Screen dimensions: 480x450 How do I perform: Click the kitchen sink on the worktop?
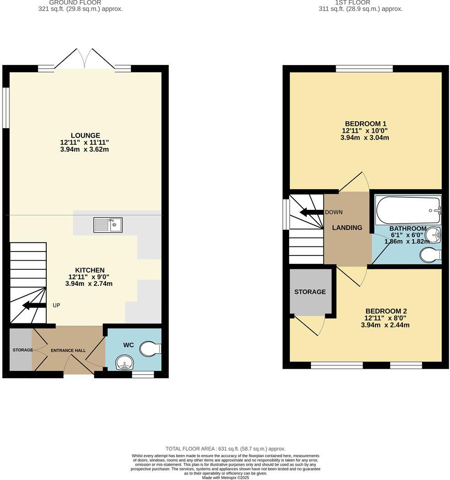point(108,224)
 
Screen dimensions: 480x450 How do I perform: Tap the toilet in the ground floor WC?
point(151,349)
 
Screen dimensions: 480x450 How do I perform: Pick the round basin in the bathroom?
point(433,235)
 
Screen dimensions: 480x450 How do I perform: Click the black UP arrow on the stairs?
point(34,305)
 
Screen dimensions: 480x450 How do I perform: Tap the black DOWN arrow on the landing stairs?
point(311,212)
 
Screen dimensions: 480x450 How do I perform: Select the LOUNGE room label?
point(85,136)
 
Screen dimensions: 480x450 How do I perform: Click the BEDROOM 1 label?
point(365,124)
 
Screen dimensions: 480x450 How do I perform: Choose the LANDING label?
point(347,228)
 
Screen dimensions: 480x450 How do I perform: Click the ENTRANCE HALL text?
point(68,350)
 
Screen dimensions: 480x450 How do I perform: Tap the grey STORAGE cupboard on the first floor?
point(310,292)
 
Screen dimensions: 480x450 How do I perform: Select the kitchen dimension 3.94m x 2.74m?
point(89,284)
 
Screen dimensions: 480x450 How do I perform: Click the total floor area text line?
point(225,449)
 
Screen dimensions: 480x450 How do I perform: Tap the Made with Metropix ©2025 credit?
point(225,477)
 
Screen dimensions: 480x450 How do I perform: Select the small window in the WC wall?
point(143,375)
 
